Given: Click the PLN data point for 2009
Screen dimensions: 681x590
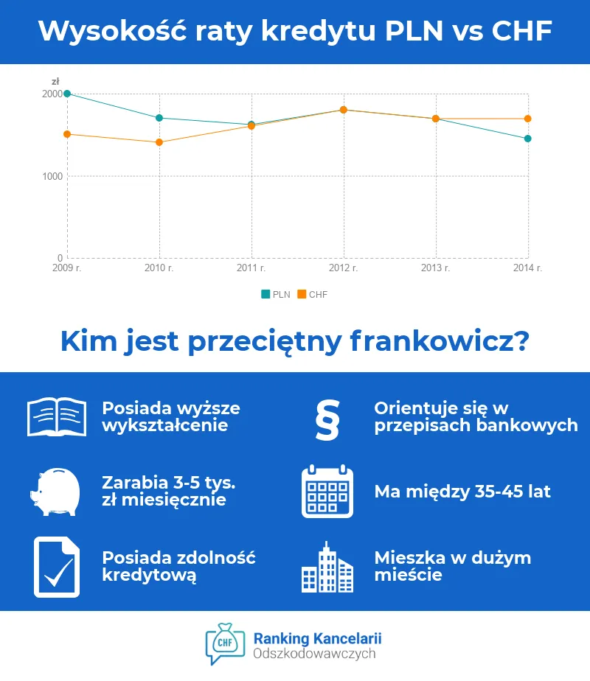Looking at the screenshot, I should point(67,94).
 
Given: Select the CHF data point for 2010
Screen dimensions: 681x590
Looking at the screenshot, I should point(159,142).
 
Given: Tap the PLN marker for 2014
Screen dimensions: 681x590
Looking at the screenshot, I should point(528,139).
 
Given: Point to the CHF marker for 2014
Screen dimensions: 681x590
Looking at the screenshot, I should point(528,119).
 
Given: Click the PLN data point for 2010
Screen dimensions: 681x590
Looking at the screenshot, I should point(159,118).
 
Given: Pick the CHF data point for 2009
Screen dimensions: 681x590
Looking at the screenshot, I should point(67,134).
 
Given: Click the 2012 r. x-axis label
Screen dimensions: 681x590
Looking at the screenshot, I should point(344,268).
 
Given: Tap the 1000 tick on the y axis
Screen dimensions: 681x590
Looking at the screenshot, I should point(52,176).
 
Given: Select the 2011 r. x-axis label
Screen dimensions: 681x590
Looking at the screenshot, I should point(251,268).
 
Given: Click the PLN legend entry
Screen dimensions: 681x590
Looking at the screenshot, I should point(276,294).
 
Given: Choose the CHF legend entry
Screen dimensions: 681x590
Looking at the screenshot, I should point(313,294).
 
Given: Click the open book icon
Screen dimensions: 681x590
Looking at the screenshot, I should point(56,417).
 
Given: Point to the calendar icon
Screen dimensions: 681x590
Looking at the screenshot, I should point(327,491).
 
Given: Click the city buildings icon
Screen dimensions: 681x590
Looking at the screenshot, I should point(327,567).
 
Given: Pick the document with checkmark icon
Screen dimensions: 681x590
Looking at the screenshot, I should point(56,566).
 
